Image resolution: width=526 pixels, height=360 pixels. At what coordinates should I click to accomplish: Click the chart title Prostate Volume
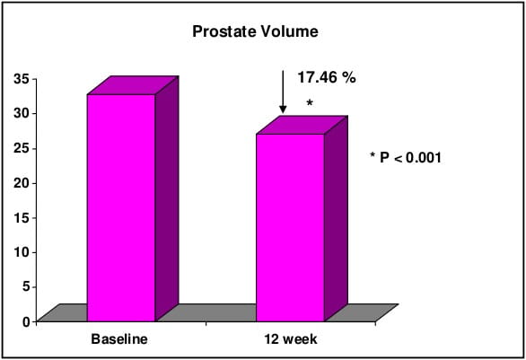point(255,31)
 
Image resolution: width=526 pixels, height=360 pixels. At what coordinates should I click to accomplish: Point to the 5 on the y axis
point(26,287)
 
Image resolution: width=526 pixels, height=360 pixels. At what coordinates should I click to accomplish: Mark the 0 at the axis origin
point(26,321)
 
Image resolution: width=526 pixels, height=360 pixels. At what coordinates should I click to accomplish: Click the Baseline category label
point(119,338)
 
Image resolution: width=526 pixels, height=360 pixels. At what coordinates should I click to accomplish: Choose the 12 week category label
point(291,338)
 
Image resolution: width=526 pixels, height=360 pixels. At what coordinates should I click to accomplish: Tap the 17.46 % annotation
point(327,78)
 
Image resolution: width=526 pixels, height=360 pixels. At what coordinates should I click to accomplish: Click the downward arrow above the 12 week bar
point(283,92)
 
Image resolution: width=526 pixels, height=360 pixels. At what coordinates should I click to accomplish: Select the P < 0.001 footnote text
point(410,157)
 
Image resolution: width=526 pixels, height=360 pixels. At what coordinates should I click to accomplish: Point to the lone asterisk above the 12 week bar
point(310,102)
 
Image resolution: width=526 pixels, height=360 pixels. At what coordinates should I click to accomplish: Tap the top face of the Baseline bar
point(133,85)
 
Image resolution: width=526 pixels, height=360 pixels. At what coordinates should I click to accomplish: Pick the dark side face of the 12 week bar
point(336,219)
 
